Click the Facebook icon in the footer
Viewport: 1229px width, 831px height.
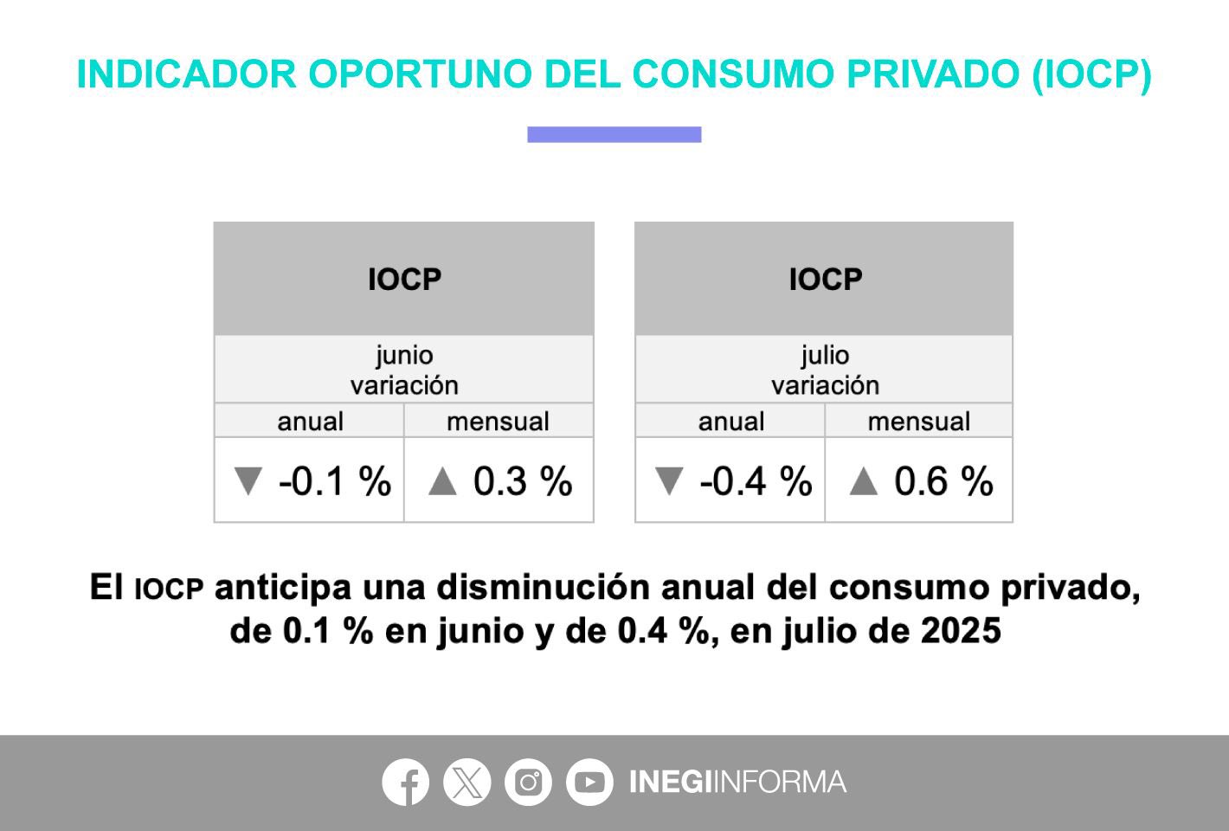[x=405, y=782]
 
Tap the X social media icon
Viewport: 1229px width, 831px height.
[x=467, y=782]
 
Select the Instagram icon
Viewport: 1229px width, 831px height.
[x=528, y=782]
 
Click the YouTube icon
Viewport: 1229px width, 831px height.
[x=589, y=782]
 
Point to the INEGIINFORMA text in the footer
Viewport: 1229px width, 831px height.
[x=738, y=782]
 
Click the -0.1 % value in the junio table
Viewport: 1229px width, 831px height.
[x=335, y=481]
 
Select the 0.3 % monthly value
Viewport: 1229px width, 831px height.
[x=523, y=481]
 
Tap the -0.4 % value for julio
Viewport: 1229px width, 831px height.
[x=756, y=481]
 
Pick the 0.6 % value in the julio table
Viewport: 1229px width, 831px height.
[x=943, y=481]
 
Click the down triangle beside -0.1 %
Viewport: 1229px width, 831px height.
[x=248, y=480]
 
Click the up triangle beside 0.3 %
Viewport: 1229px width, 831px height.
[x=442, y=482]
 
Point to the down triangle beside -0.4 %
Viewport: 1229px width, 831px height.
[x=669, y=480]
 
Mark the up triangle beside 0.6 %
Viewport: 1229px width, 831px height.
[x=864, y=482]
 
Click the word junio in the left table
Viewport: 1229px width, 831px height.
[x=404, y=356]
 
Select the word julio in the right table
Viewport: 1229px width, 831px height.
[x=825, y=356]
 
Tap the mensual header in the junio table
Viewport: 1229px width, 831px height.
[x=499, y=422]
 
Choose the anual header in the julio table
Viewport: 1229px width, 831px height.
[x=731, y=422]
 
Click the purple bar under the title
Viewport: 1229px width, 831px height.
[x=614, y=134]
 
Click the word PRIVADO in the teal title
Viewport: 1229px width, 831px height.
[x=933, y=74]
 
